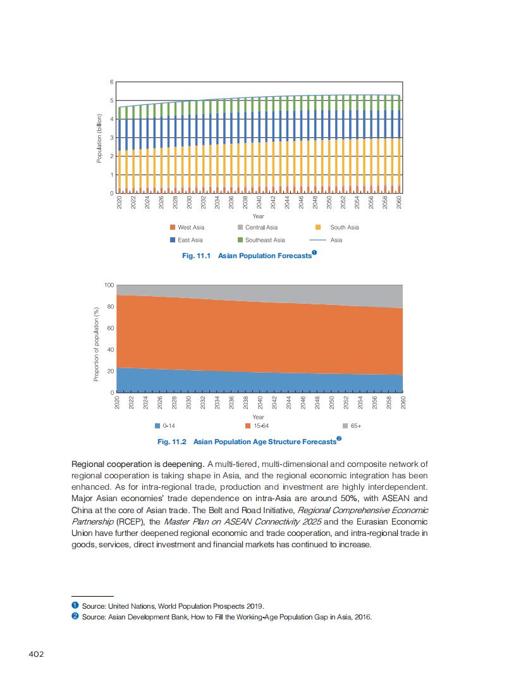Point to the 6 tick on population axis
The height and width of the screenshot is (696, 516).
tap(111, 82)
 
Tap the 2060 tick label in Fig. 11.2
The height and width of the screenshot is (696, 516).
tap(403, 402)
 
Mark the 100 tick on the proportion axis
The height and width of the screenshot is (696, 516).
tap(109, 285)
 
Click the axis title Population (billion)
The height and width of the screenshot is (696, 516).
tap(99, 138)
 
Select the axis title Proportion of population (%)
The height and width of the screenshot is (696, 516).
tap(97, 342)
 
